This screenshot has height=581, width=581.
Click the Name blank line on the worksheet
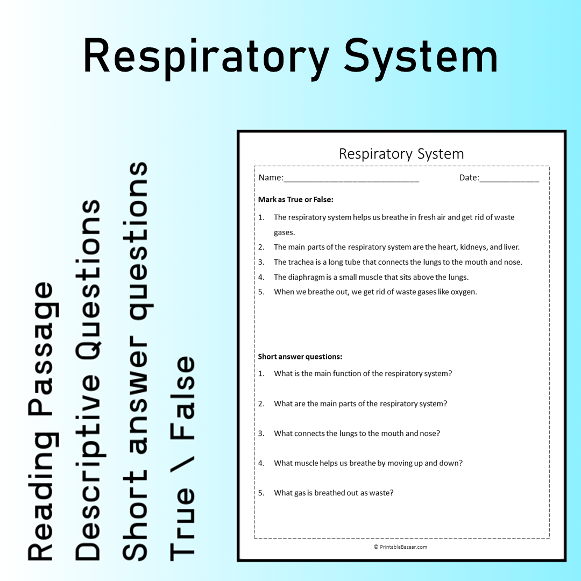[x=351, y=181]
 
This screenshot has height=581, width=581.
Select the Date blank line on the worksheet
[x=509, y=181]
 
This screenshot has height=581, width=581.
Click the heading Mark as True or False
[x=296, y=200]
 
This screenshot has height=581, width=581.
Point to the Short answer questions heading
[x=300, y=357]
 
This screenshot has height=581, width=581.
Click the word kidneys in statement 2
[x=473, y=247]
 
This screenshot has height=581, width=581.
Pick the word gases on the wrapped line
[x=284, y=233]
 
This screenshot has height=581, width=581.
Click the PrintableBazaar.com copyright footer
[x=401, y=547]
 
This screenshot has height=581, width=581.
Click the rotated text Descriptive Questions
[x=88, y=380]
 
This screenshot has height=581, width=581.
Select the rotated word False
[x=182, y=398]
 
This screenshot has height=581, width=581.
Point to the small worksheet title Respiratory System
[x=401, y=153]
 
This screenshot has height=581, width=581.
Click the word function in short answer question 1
[x=346, y=373]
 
